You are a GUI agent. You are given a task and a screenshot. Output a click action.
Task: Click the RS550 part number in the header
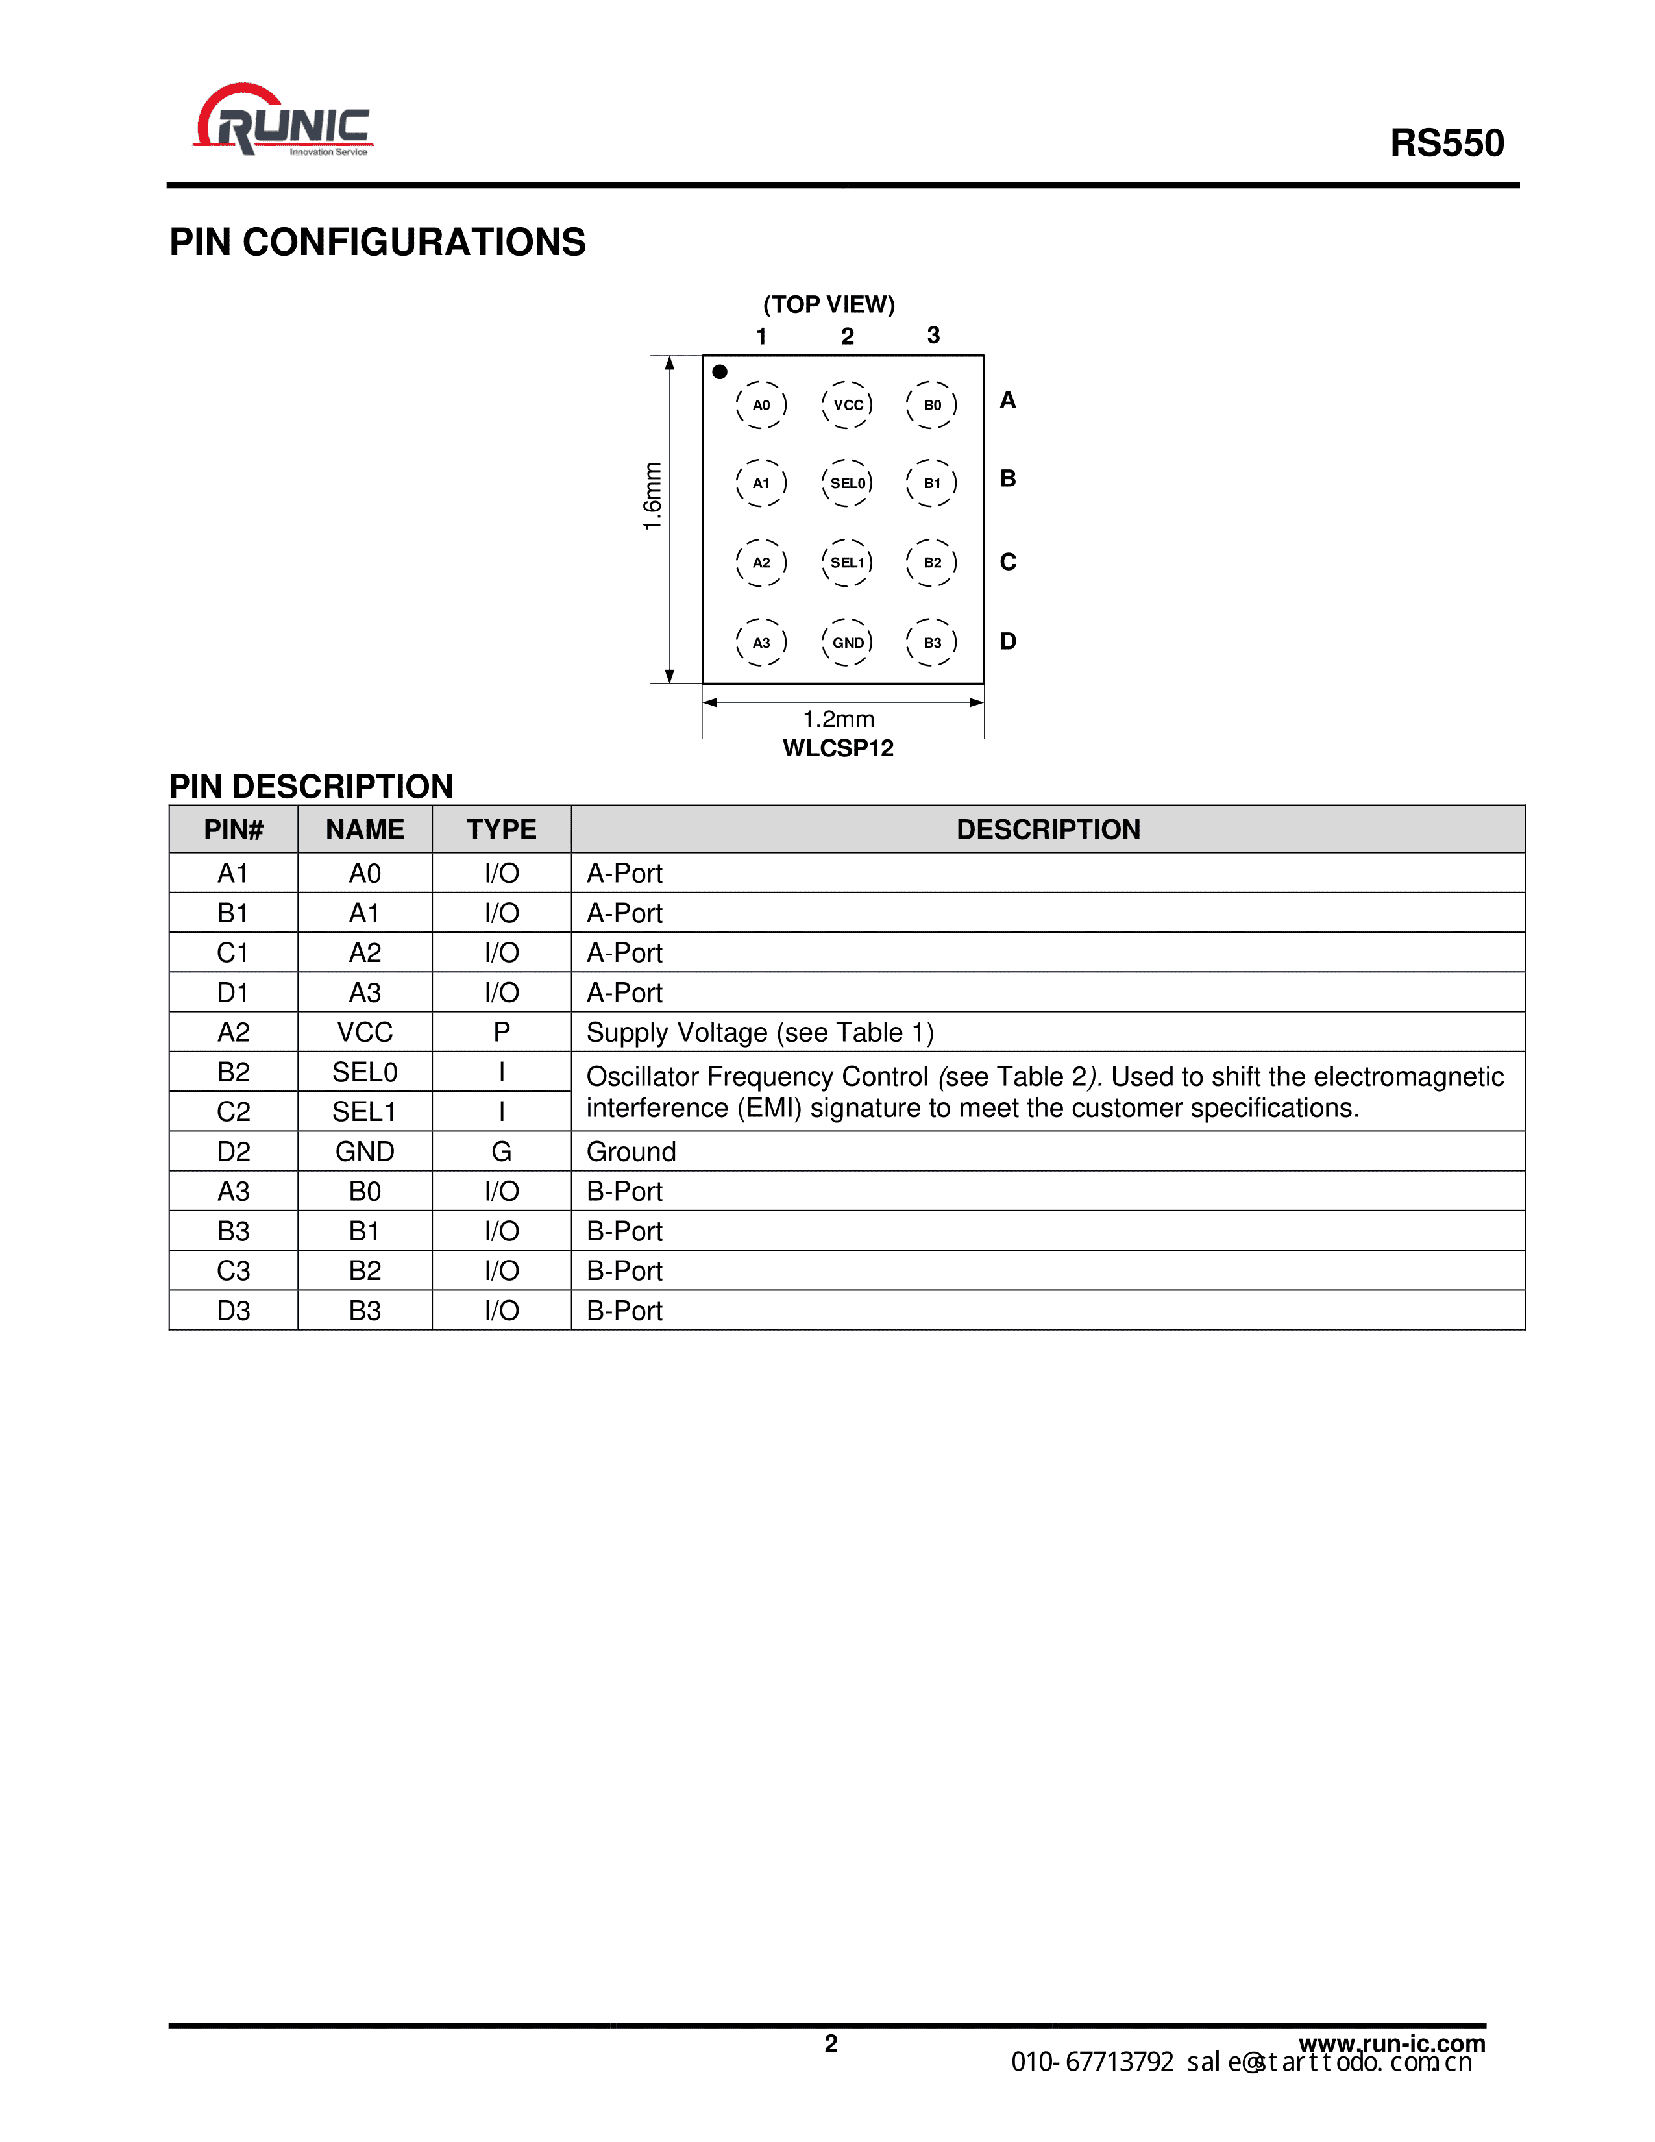click(x=1446, y=143)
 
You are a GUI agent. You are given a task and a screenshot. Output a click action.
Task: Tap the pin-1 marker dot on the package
click(x=720, y=372)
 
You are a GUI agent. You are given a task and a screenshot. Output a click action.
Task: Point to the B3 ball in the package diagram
click(x=931, y=643)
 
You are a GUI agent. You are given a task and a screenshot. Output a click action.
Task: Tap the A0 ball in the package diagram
click(x=761, y=405)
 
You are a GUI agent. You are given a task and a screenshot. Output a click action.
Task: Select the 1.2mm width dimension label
click(x=839, y=719)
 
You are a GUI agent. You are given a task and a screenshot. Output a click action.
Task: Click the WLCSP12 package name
click(x=839, y=748)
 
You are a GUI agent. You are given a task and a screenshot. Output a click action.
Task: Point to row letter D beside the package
click(x=1008, y=641)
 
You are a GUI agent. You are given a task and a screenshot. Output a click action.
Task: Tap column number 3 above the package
click(x=933, y=336)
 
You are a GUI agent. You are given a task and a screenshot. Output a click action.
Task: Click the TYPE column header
click(x=501, y=830)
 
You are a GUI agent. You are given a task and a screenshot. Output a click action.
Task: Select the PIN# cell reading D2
click(x=234, y=1151)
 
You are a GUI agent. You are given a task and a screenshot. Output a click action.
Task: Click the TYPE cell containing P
click(x=501, y=1032)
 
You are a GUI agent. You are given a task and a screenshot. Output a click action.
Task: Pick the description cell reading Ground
click(x=631, y=1151)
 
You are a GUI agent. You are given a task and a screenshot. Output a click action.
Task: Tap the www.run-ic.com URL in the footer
click(x=1391, y=2043)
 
